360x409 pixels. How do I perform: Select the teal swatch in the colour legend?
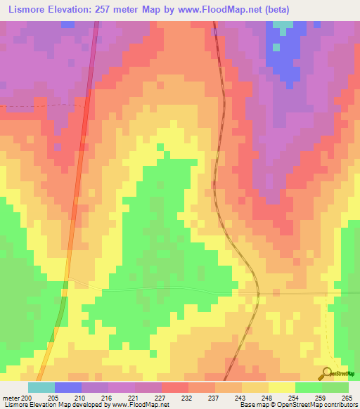pos(41,387)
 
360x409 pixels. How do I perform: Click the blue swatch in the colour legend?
pos(68,387)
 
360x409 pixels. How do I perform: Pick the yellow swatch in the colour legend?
pos(282,387)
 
